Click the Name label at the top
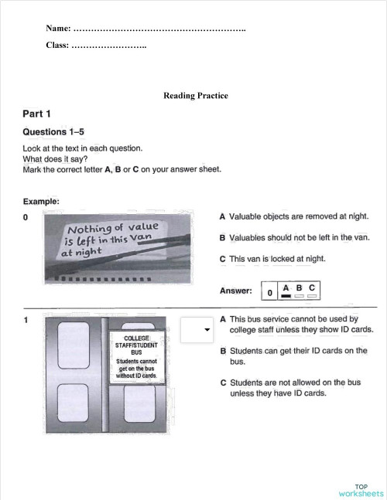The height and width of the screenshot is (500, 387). pos(58,29)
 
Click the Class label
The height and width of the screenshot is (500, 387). pos(57,46)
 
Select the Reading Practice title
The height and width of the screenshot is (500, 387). pos(196,96)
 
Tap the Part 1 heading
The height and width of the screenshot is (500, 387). pos(38,114)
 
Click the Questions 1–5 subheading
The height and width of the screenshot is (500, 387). pos(54,131)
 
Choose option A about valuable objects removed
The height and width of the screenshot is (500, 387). pos(294,217)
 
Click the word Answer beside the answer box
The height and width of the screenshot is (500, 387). pos(236,291)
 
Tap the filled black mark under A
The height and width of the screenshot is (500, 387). pos(286,296)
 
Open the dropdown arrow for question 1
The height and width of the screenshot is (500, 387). pos(207,330)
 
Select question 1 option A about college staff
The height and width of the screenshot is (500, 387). pos(297,324)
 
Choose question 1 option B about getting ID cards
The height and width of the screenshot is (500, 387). pos(293,356)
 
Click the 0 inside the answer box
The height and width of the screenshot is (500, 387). pos(269,292)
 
